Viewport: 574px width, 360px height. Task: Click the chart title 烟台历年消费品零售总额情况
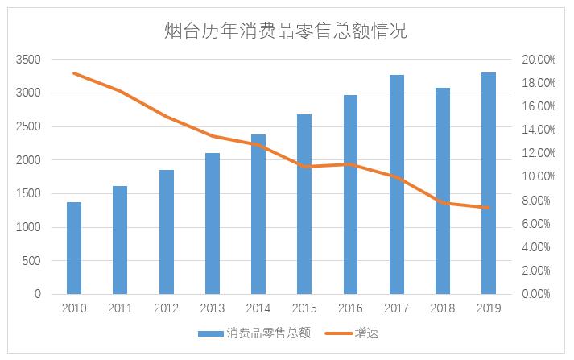[287, 31]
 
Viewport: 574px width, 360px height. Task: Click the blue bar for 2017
[397, 184]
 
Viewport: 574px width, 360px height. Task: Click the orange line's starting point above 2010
[74, 73]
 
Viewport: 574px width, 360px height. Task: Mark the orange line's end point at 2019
[489, 208]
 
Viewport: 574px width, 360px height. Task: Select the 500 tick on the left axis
[31, 261]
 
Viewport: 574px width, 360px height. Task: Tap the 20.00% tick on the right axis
[539, 60]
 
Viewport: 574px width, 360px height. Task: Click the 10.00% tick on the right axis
[539, 176]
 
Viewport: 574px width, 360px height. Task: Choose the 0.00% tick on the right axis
[539, 294]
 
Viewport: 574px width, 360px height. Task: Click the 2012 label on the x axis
[166, 308]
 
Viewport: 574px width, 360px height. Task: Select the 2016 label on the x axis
[350, 308]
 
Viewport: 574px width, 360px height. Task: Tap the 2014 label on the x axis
[258, 308]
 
